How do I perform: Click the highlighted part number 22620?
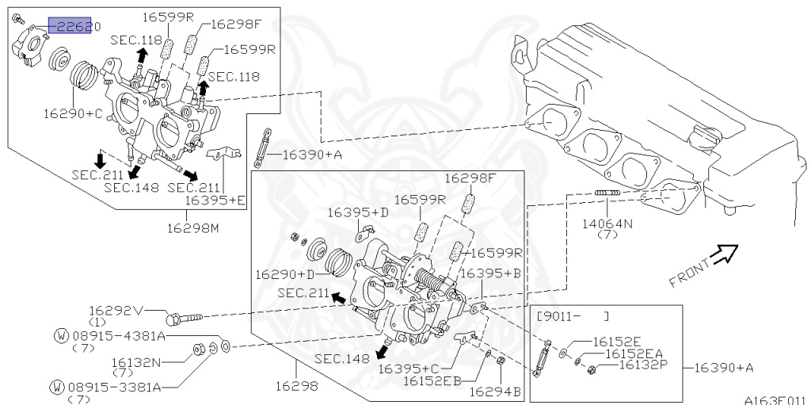(x=75, y=27)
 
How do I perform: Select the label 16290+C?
(x=73, y=113)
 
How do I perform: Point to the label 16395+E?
(x=215, y=201)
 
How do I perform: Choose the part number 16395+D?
(x=358, y=212)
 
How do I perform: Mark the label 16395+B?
(x=490, y=273)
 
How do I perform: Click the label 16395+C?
(x=409, y=369)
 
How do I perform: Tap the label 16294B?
(x=495, y=391)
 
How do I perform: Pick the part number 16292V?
(x=116, y=311)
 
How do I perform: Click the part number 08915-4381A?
(x=118, y=336)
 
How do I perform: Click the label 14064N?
(x=607, y=224)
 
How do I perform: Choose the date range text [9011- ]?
(x=573, y=315)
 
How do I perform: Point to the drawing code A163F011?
(x=774, y=400)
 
